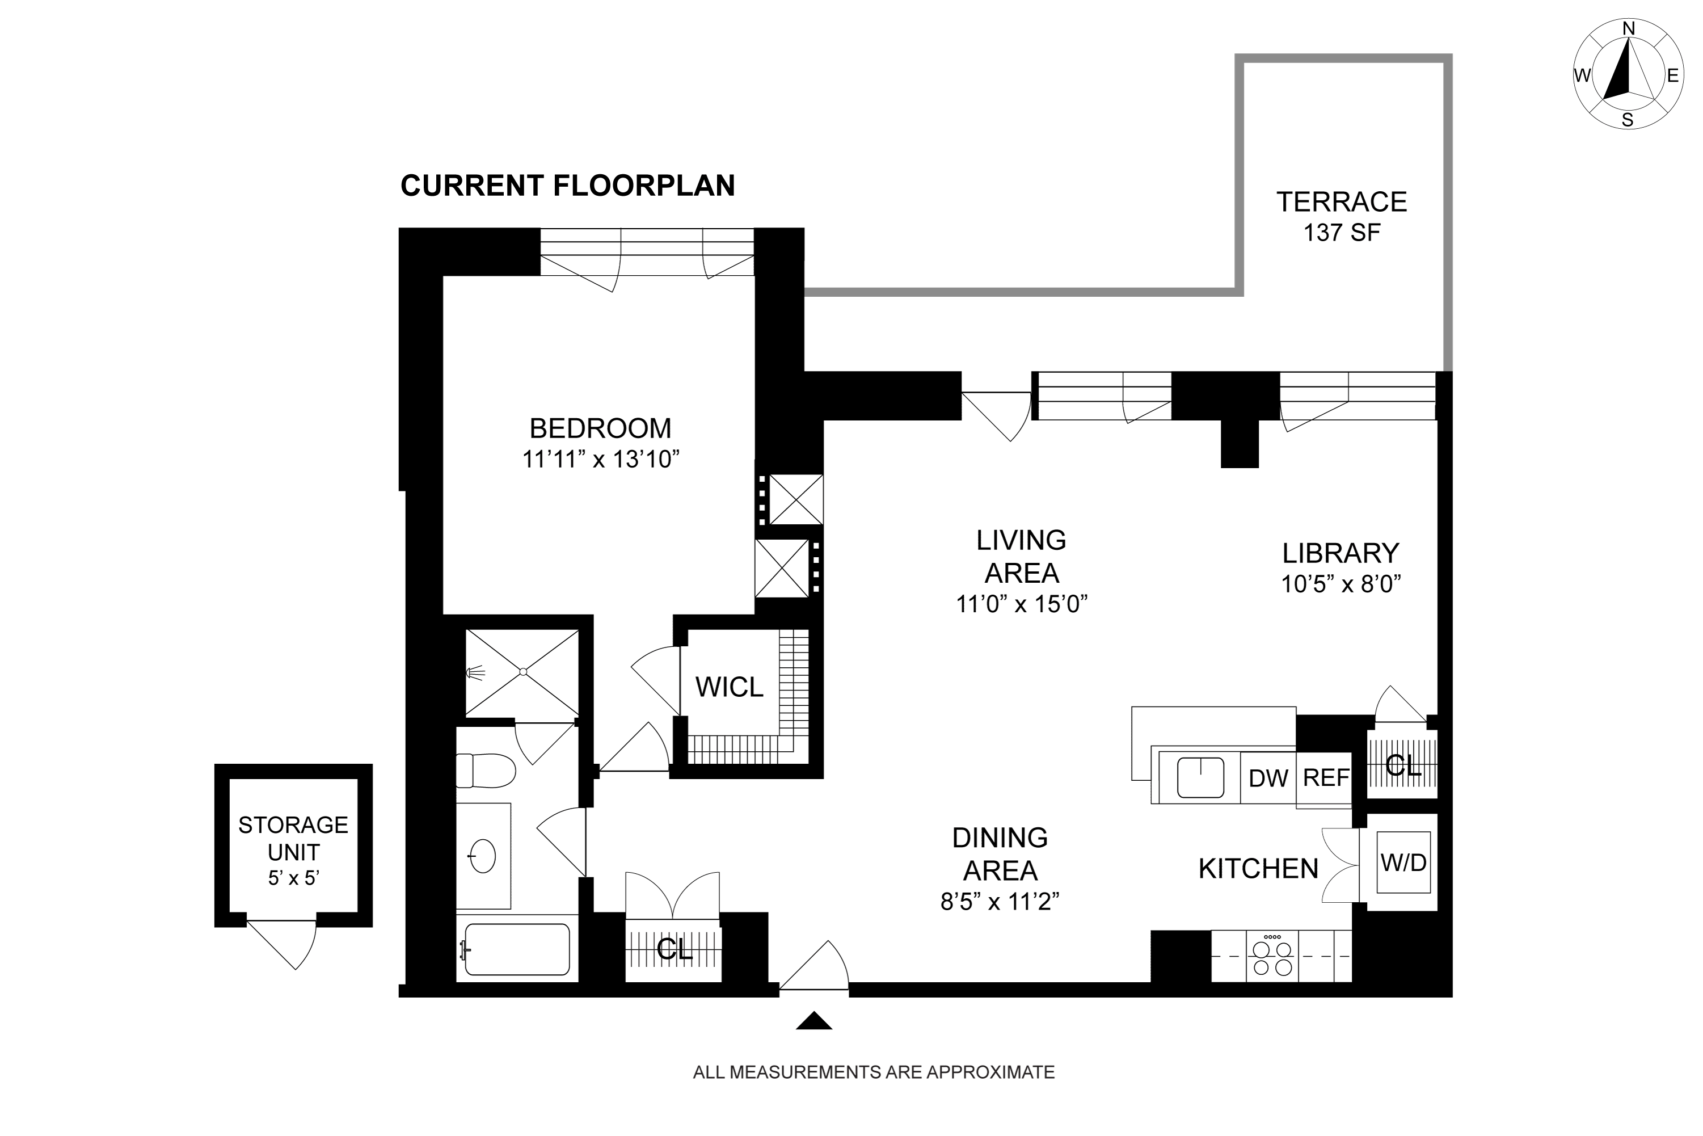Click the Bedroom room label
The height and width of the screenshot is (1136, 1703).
pos(601,428)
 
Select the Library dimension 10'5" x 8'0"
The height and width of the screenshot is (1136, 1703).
pos(1342,584)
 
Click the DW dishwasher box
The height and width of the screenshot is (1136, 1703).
pos(1268,778)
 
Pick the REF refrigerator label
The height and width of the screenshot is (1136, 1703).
pos(1326,777)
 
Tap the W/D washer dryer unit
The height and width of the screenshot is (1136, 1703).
pos(1404,862)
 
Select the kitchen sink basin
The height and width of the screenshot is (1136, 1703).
pos(1200,777)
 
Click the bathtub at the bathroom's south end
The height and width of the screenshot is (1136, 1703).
pos(516,949)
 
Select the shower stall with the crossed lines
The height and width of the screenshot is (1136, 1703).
pos(522,672)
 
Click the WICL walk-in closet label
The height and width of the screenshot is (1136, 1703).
pos(730,687)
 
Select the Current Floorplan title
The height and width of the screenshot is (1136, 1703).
pos(568,186)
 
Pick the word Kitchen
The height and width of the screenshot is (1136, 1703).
pos(1258,869)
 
